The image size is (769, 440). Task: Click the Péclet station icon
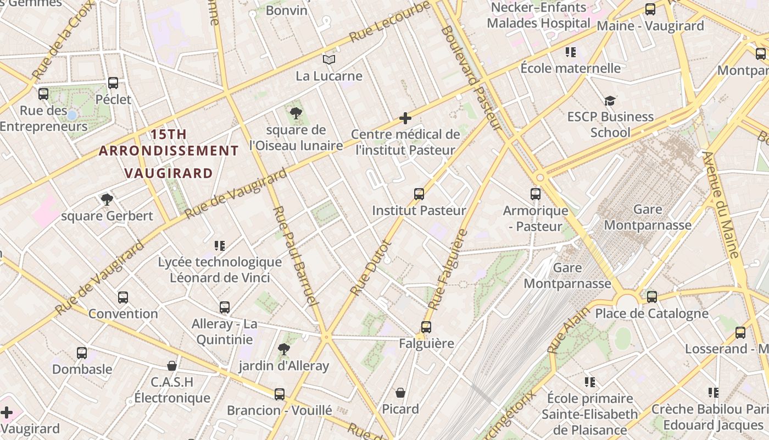113,83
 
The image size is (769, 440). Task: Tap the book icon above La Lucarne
328,59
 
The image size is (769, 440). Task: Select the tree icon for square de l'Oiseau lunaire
296,114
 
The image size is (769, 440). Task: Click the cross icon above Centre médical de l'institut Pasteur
405,118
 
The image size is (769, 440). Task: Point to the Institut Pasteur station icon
419,194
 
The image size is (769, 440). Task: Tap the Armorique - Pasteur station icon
536,194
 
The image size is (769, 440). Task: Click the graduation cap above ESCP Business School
610,101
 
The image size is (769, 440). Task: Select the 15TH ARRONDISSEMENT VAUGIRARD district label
169,153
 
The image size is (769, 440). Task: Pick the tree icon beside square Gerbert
107,199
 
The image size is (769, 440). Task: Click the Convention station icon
123,298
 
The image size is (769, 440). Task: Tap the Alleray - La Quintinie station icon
225,307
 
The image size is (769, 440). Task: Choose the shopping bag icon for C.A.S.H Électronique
172,366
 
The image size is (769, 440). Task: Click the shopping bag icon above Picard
400,393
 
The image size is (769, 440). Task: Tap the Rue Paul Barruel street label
295,256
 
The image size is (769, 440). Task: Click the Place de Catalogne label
651,313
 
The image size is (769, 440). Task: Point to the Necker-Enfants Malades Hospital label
538,15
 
